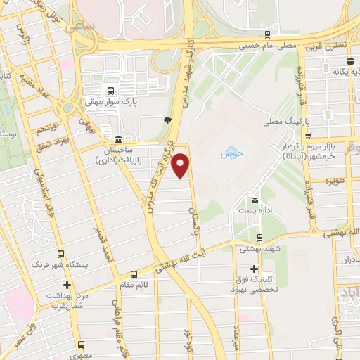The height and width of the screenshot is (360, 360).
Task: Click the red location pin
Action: (181, 167)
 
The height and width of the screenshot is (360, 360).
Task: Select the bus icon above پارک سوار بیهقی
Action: (109, 90)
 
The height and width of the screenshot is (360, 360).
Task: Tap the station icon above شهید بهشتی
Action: (260, 237)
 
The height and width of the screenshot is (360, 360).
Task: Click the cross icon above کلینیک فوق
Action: (254, 269)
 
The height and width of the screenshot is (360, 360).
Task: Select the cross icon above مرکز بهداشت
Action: (67, 285)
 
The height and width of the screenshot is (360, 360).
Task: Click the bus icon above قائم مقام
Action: (134, 274)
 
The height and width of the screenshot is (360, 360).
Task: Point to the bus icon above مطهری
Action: (82, 345)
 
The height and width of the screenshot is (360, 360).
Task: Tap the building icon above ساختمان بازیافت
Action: (117, 138)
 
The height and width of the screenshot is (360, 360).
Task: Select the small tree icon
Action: (167, 120)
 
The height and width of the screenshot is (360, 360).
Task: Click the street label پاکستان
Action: (193, 200)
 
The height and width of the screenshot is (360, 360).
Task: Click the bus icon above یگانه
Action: (350, 61)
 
